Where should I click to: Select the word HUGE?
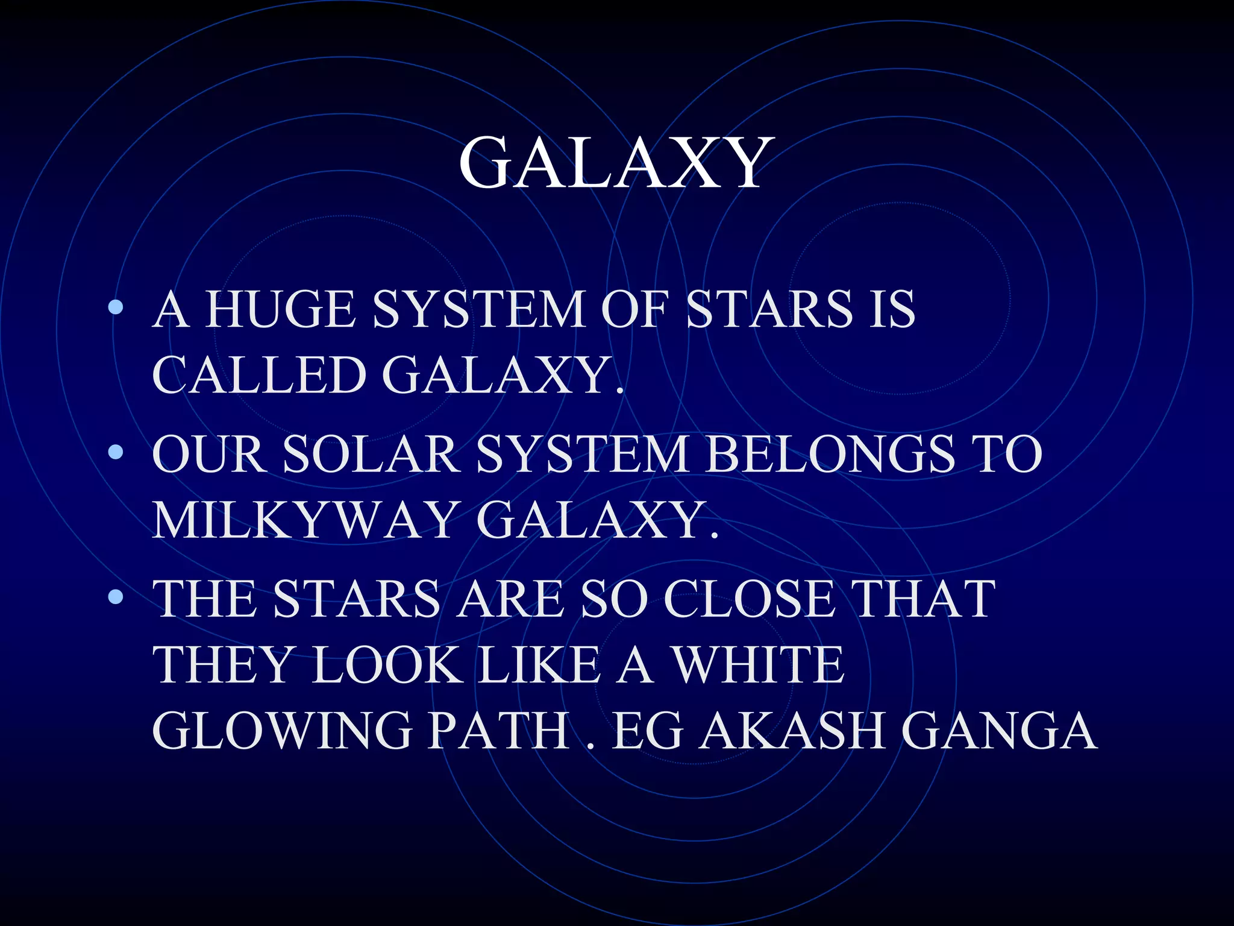coord(280,309)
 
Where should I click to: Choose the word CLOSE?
coord(750,599)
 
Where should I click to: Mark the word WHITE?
coord(758,664)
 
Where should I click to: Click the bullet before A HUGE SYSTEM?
coord(116,308)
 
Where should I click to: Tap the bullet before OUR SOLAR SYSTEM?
coord(116,453)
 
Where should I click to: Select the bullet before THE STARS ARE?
coord(116,597)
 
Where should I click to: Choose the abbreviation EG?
coord(648,730)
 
